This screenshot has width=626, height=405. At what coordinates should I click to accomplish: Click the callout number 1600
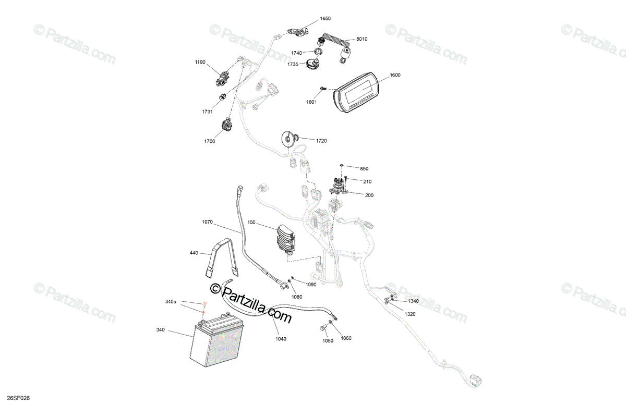click(395, 75)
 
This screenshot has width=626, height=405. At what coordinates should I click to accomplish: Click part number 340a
click(171, 302)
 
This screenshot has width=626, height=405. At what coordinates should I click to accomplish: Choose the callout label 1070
click(208, 222)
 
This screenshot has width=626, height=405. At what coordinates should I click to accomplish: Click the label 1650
click(325, 18)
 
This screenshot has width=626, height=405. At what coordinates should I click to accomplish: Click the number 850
click(364, 168)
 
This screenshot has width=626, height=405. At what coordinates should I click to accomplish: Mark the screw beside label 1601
click(323, 90)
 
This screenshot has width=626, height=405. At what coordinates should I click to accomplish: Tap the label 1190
click(200, 62)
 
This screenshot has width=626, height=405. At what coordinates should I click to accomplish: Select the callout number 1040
click(281, 339)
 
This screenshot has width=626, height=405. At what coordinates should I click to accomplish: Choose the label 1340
click(413, 301)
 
